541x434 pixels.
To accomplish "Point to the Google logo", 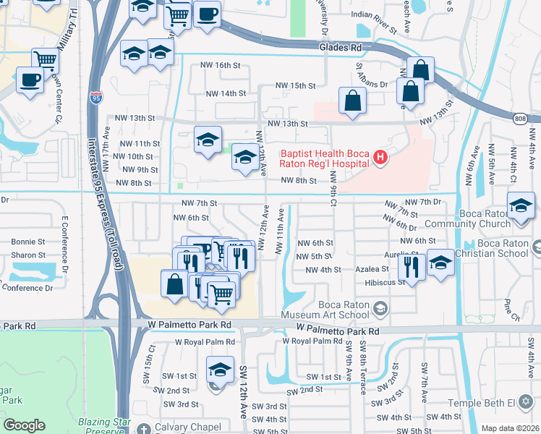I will (x=25, y=425).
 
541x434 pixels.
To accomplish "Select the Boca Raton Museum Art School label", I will (x=338, y=310).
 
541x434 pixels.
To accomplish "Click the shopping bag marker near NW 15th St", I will (x=352, y=101).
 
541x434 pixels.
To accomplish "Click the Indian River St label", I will (x=375, y=14).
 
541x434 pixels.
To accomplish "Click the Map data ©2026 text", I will (x=510, y=428).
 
